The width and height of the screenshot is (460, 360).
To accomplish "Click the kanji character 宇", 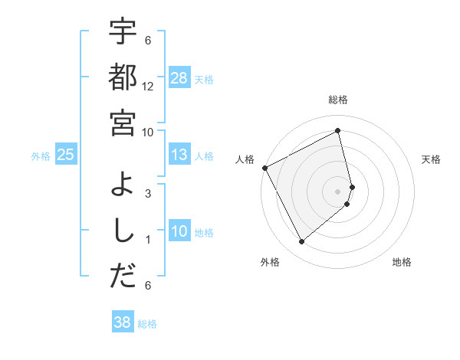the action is pos(123,33).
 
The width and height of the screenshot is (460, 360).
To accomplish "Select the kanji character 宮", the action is pos(123,123).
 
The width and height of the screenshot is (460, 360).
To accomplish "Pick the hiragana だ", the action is pos(123,277).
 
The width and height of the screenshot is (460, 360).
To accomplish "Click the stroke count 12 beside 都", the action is pos(148,87).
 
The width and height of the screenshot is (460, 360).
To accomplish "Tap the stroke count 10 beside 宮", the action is pos(148,132).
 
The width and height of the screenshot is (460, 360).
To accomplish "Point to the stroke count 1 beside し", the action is pos(148,240).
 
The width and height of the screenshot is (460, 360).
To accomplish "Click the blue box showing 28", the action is pos(179,78).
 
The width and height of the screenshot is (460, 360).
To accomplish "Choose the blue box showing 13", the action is pos(179,155).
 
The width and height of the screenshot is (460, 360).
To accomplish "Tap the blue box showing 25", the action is pos(66,155).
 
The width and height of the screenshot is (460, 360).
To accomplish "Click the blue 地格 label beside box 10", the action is pos(205,232).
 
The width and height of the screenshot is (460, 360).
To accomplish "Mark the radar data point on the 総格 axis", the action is pos(338,130).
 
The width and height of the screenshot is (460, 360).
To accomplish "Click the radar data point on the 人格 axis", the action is pos(264,168).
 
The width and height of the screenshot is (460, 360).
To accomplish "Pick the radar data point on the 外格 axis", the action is pos(301,242).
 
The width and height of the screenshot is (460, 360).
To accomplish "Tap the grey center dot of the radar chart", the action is pos(338,191).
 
